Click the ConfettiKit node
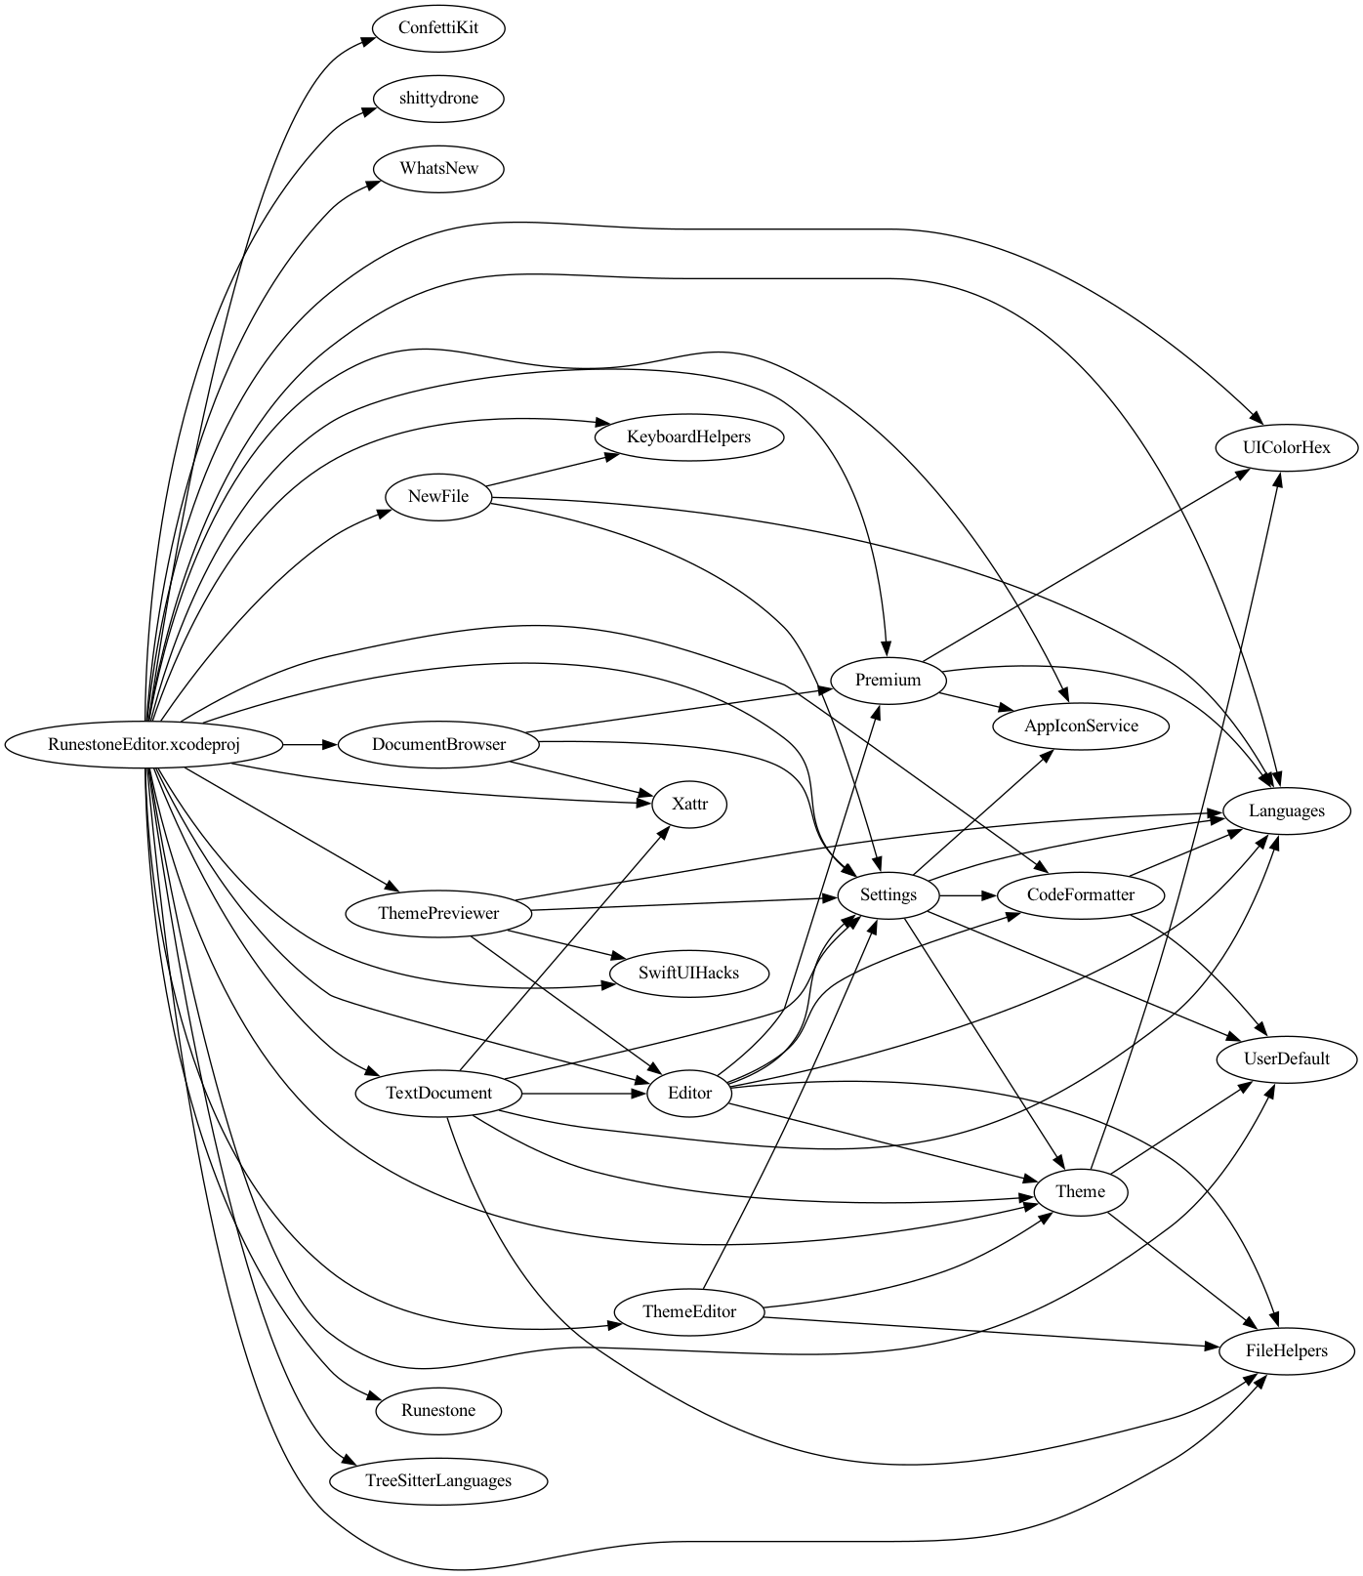(x=438, y=27)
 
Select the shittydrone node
(x=438, y=98)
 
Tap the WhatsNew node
(x=438, y=168)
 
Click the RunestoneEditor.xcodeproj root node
(x=145, y=745)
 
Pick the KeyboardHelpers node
(x=688, y=436)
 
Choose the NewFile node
(x=438, y=496)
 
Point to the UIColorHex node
(x=1286, y=447)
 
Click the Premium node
(x=888, y=680)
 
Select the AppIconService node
(x=1081, y=726)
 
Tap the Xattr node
(x=688, y=805)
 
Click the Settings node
(x=888, y=894)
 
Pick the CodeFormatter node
(x=1081, y=894)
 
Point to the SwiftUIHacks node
(x=688, y=973)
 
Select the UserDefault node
(x=1286, y=1058)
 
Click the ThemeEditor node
(x=688, y=1311)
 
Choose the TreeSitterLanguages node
(x=438, y=1480)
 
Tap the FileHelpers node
(x=1286, y=1350)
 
